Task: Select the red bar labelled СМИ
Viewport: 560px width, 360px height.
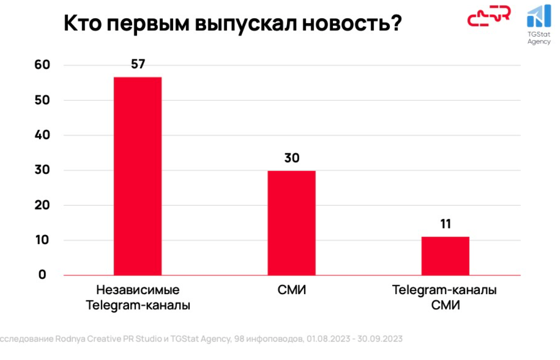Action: point(291,223)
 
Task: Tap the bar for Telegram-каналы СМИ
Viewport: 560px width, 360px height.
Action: point(445,256)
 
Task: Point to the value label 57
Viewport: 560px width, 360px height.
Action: point(138,64)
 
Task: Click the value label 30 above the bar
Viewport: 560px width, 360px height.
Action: point(292,158)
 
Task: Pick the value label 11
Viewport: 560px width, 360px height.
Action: point(445,224)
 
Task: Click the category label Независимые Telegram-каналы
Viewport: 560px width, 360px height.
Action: point(138,297)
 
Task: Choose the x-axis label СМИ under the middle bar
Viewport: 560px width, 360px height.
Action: point(292,290)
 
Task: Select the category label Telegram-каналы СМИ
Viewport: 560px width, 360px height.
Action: point(445,297)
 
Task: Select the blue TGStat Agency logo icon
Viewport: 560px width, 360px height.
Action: point(538,16)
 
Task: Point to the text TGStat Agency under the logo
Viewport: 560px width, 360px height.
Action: point(539,38)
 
